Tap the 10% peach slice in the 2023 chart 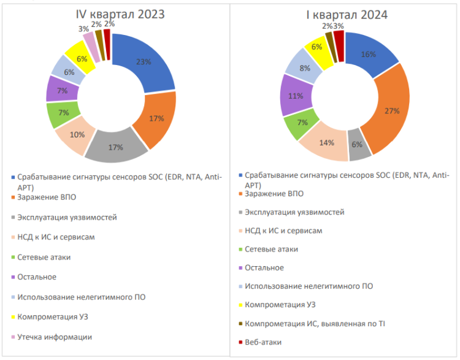point(77,135)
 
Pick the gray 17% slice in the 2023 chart point(117,147)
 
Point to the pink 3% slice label point(82,29)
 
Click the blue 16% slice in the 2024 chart point(368,55)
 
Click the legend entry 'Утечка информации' point(55,336)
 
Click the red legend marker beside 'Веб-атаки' point(240,341)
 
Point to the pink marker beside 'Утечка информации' point(13,337)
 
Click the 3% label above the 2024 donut point(338,26)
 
